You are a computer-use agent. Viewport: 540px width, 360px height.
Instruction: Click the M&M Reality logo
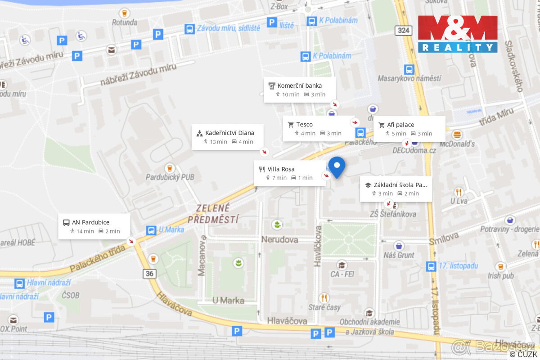[x=458, y=34]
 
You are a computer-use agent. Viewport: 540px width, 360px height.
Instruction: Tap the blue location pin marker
[x=337, y=166]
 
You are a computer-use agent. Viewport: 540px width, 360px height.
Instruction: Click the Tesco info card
[x=318, y=129]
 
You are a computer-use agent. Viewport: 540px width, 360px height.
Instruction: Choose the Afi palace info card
[x=409, y=129]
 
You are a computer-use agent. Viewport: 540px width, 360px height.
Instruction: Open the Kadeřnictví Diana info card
[x=227, y=137]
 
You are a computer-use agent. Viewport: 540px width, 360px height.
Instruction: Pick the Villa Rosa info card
[x=289, y=173]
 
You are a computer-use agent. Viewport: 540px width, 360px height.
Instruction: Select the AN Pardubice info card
[x=94, y=226]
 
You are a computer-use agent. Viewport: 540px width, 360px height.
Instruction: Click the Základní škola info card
[x=396, y=189]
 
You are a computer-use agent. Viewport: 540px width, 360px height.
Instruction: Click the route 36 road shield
[x=149, y=273]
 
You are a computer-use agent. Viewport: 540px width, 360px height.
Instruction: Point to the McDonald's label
[x=458, y=144]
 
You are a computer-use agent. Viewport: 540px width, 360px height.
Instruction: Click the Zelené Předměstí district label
[x=213, y=214]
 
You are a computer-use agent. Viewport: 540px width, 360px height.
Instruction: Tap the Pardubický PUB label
[x=170, y=177]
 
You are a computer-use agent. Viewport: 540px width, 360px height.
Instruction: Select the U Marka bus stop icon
[x=151, y=230]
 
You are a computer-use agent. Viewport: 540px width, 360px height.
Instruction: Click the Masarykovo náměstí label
[x=409, y=78]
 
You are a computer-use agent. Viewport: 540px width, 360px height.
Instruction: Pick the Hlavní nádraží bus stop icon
[x=19, y=283]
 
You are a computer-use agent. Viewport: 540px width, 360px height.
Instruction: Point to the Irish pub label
[x=501, y=275]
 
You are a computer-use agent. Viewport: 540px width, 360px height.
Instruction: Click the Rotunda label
[x=125, y=22]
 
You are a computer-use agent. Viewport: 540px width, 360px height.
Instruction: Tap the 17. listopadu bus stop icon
[x=431, y=266]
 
